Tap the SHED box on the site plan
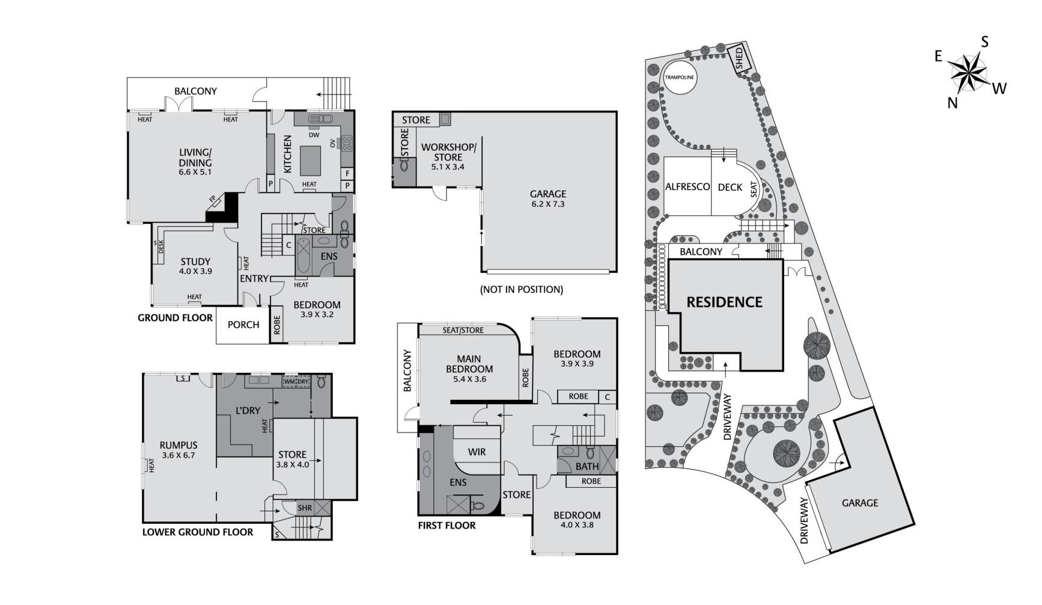pyautogui.click(x=740, y=59)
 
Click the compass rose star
pyautogui.click(x=969, y=73)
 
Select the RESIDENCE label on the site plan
pyautogui.click(x=724, y=302)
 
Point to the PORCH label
pyautogui.click(x=243, y=325)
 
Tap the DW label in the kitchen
pyautogui.click(x=314, y=135)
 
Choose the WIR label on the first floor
pyautogui.click(x=477, y=452)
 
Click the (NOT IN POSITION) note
pyautogui.click(x=521, y=289)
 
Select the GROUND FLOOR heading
pyautogui.click(x=175, y=318)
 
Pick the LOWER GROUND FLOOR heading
pyautogui.click(x=198, y=532)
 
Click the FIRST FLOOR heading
pyautogui.click(x=446, y=526)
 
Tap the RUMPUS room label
pyautogui.click(x=178, y=445)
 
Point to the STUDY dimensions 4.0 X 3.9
pyautogui.click(x=195, y=271)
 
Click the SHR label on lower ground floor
pyautogui.click(x=305, y=508)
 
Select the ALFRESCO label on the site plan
pyautogui.click(x=687, y=187)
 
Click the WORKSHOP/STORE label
pyautogui.click(x=448, y=152)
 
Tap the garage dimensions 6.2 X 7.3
pyautogui.click(x=548, y=204)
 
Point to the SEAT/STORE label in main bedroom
pyautogui.click(x=463, y=330)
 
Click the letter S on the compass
pyautogui.click(x=984, y=41)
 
